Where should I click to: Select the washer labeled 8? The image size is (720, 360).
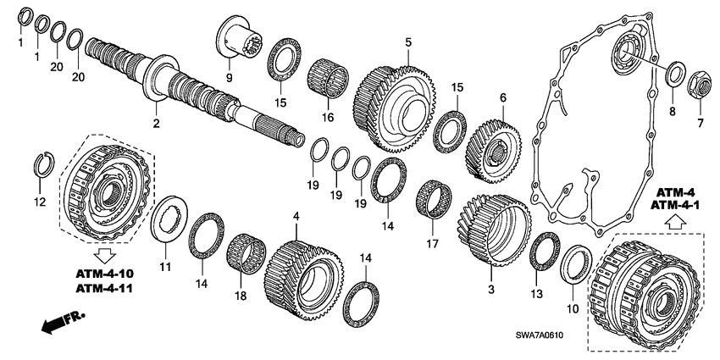tap(675, 73)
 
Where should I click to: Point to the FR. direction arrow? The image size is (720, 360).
tap(56, 320)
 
